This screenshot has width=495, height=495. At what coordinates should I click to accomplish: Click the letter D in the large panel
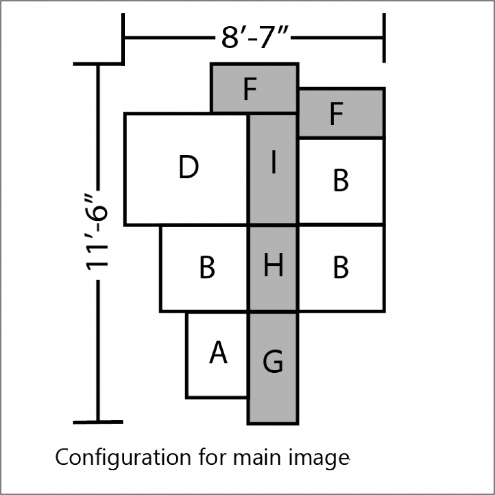coord(189,167)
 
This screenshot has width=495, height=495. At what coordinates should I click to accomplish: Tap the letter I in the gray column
coord(274,162)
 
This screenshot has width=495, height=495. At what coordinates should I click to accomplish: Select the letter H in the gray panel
coord(273,265)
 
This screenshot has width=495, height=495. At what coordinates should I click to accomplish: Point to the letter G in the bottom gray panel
coord(273,361)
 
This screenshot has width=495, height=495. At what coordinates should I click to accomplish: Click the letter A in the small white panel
coord(218,352)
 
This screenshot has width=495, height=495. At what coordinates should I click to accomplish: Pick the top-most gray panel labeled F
coord(254,88)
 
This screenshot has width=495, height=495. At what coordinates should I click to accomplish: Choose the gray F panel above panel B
coord(341,113)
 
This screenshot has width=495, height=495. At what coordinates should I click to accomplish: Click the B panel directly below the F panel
coord(341,181)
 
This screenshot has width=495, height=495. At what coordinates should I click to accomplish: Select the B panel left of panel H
coord(204,268)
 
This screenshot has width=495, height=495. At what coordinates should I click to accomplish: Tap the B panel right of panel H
coord(341,268)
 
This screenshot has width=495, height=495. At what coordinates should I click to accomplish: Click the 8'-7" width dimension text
coord(255,37)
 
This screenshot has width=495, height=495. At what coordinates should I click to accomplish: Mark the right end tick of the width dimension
coord(384,38)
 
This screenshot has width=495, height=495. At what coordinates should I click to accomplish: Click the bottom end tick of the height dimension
coord(98,422)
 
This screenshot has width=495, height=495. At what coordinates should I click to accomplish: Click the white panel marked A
coord(217,355)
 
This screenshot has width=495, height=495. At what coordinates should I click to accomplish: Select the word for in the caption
coord(212,457)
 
